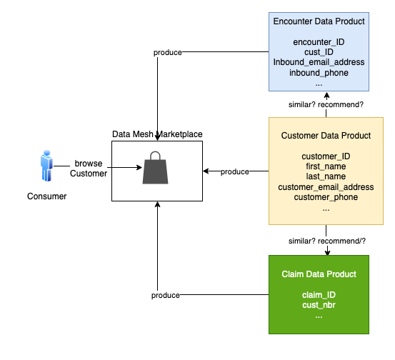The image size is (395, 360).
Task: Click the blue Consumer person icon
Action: [x=46, y=166]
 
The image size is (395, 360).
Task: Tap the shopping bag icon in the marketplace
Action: [x=155, y=168]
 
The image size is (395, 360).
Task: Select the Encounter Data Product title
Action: [x=319, y=21]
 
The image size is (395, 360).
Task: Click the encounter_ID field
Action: [x=319, y=42]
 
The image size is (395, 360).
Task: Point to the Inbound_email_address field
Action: [x=319, y=62]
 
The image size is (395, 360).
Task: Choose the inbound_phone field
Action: [x=319, y=73]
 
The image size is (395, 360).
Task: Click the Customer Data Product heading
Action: [x=326, y=136]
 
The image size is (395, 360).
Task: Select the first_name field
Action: [x=326, y=166]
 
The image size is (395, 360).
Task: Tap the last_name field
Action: [x=326, y=176]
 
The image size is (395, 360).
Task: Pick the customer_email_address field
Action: [x=326, y=187]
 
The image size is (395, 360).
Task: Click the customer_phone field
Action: [x=326, y=197]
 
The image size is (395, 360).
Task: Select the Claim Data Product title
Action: [x=319, y=274]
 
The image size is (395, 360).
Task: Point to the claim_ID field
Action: [x=319, y=295]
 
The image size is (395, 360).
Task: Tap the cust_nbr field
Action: [x=319, y=305]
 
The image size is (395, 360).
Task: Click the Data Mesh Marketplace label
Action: [x=157, y=134]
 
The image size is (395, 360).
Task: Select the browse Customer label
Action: [x=89, y=169]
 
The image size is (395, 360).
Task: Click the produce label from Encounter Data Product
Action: [x=168, y=52]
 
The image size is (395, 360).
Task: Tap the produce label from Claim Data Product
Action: [x=165, y=295]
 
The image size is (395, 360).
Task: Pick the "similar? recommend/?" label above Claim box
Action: [x=326, y=241]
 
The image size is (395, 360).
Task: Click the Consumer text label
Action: [x=46, y=196]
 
